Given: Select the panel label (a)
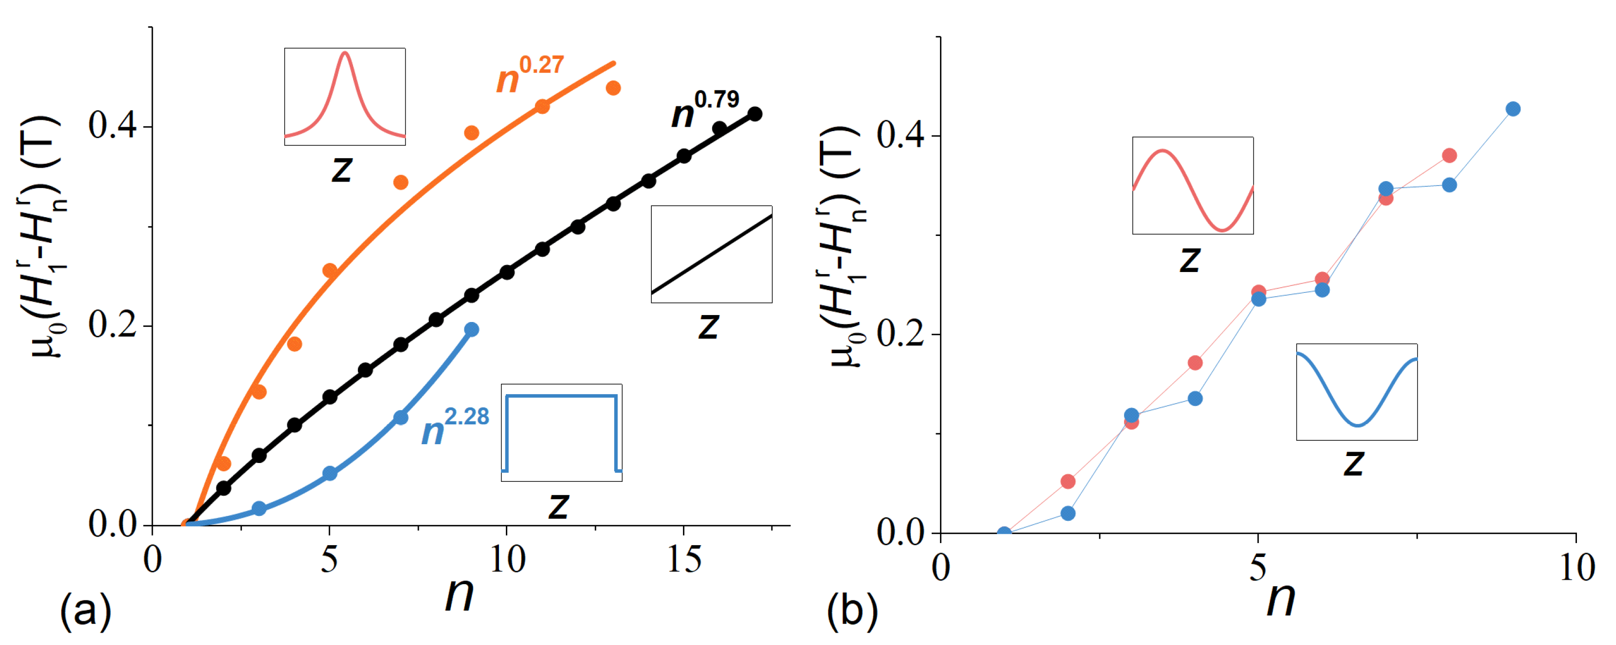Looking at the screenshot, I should click(86, 612).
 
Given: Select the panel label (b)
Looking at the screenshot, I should click(852, 612).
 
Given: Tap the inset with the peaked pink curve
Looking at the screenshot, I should click(344, 96).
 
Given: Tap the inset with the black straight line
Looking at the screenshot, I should click(712, 254).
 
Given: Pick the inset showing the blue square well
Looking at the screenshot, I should click(561, 433).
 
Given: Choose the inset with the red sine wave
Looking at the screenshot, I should click(1193, 185).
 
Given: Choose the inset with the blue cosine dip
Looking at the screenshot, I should click(1357, 392).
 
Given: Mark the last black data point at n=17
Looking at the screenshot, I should click(755, 114).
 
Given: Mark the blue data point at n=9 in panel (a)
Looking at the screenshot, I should click(472, 329).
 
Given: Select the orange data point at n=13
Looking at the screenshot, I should click(613, 88).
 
